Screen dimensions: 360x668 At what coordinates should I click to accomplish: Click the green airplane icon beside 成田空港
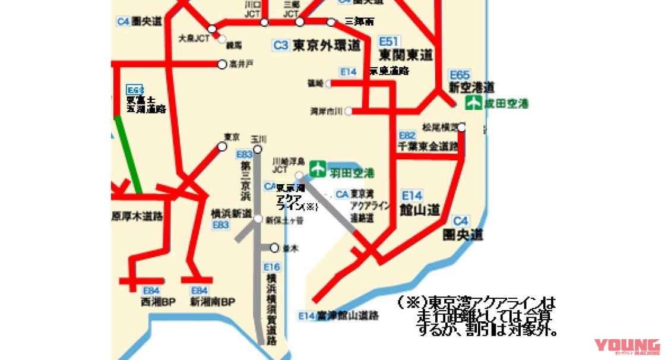(x=473, y=103)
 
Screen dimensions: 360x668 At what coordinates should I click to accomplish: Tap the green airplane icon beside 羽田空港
(x=318, y=169)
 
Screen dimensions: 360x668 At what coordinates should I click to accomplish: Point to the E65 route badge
(x=460, y=75)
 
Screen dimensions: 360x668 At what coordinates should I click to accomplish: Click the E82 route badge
(x=407, y=135)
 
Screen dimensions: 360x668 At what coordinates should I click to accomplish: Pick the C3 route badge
(x=281, y=45)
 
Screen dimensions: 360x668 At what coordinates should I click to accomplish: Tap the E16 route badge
(x=271, y=267)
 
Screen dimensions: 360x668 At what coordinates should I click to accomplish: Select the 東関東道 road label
(x=406, y=55)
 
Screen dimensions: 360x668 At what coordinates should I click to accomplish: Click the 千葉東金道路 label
(x=428, y=146)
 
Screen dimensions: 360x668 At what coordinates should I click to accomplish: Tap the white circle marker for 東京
(x=223, y=146)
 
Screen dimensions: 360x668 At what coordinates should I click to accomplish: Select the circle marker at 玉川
(x=258, y=149)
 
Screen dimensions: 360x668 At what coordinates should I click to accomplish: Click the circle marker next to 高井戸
(x=222, y=64)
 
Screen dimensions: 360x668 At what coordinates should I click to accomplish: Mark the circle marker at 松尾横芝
(x=461, y=127)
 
